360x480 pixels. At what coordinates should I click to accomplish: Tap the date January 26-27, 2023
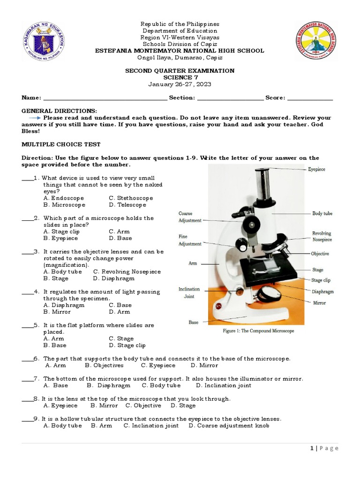click(x=180, y=84)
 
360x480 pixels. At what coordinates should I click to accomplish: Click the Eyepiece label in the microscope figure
click(x=317, y=169)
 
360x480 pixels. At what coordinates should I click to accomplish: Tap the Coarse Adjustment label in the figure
click(x=190, y=217)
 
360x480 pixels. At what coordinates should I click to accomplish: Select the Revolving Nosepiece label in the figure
click(x=322, y=236)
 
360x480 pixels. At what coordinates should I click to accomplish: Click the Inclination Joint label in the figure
click(x=189, y=293)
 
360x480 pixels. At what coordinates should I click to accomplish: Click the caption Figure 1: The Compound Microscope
click(x=258, y=331)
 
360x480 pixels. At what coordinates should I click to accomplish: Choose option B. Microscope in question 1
click(x=64, y=205)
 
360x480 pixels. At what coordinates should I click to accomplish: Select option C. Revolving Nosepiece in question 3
click(x=127, y=272)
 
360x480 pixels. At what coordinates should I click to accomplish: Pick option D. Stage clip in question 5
click(x=127, y=345)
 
